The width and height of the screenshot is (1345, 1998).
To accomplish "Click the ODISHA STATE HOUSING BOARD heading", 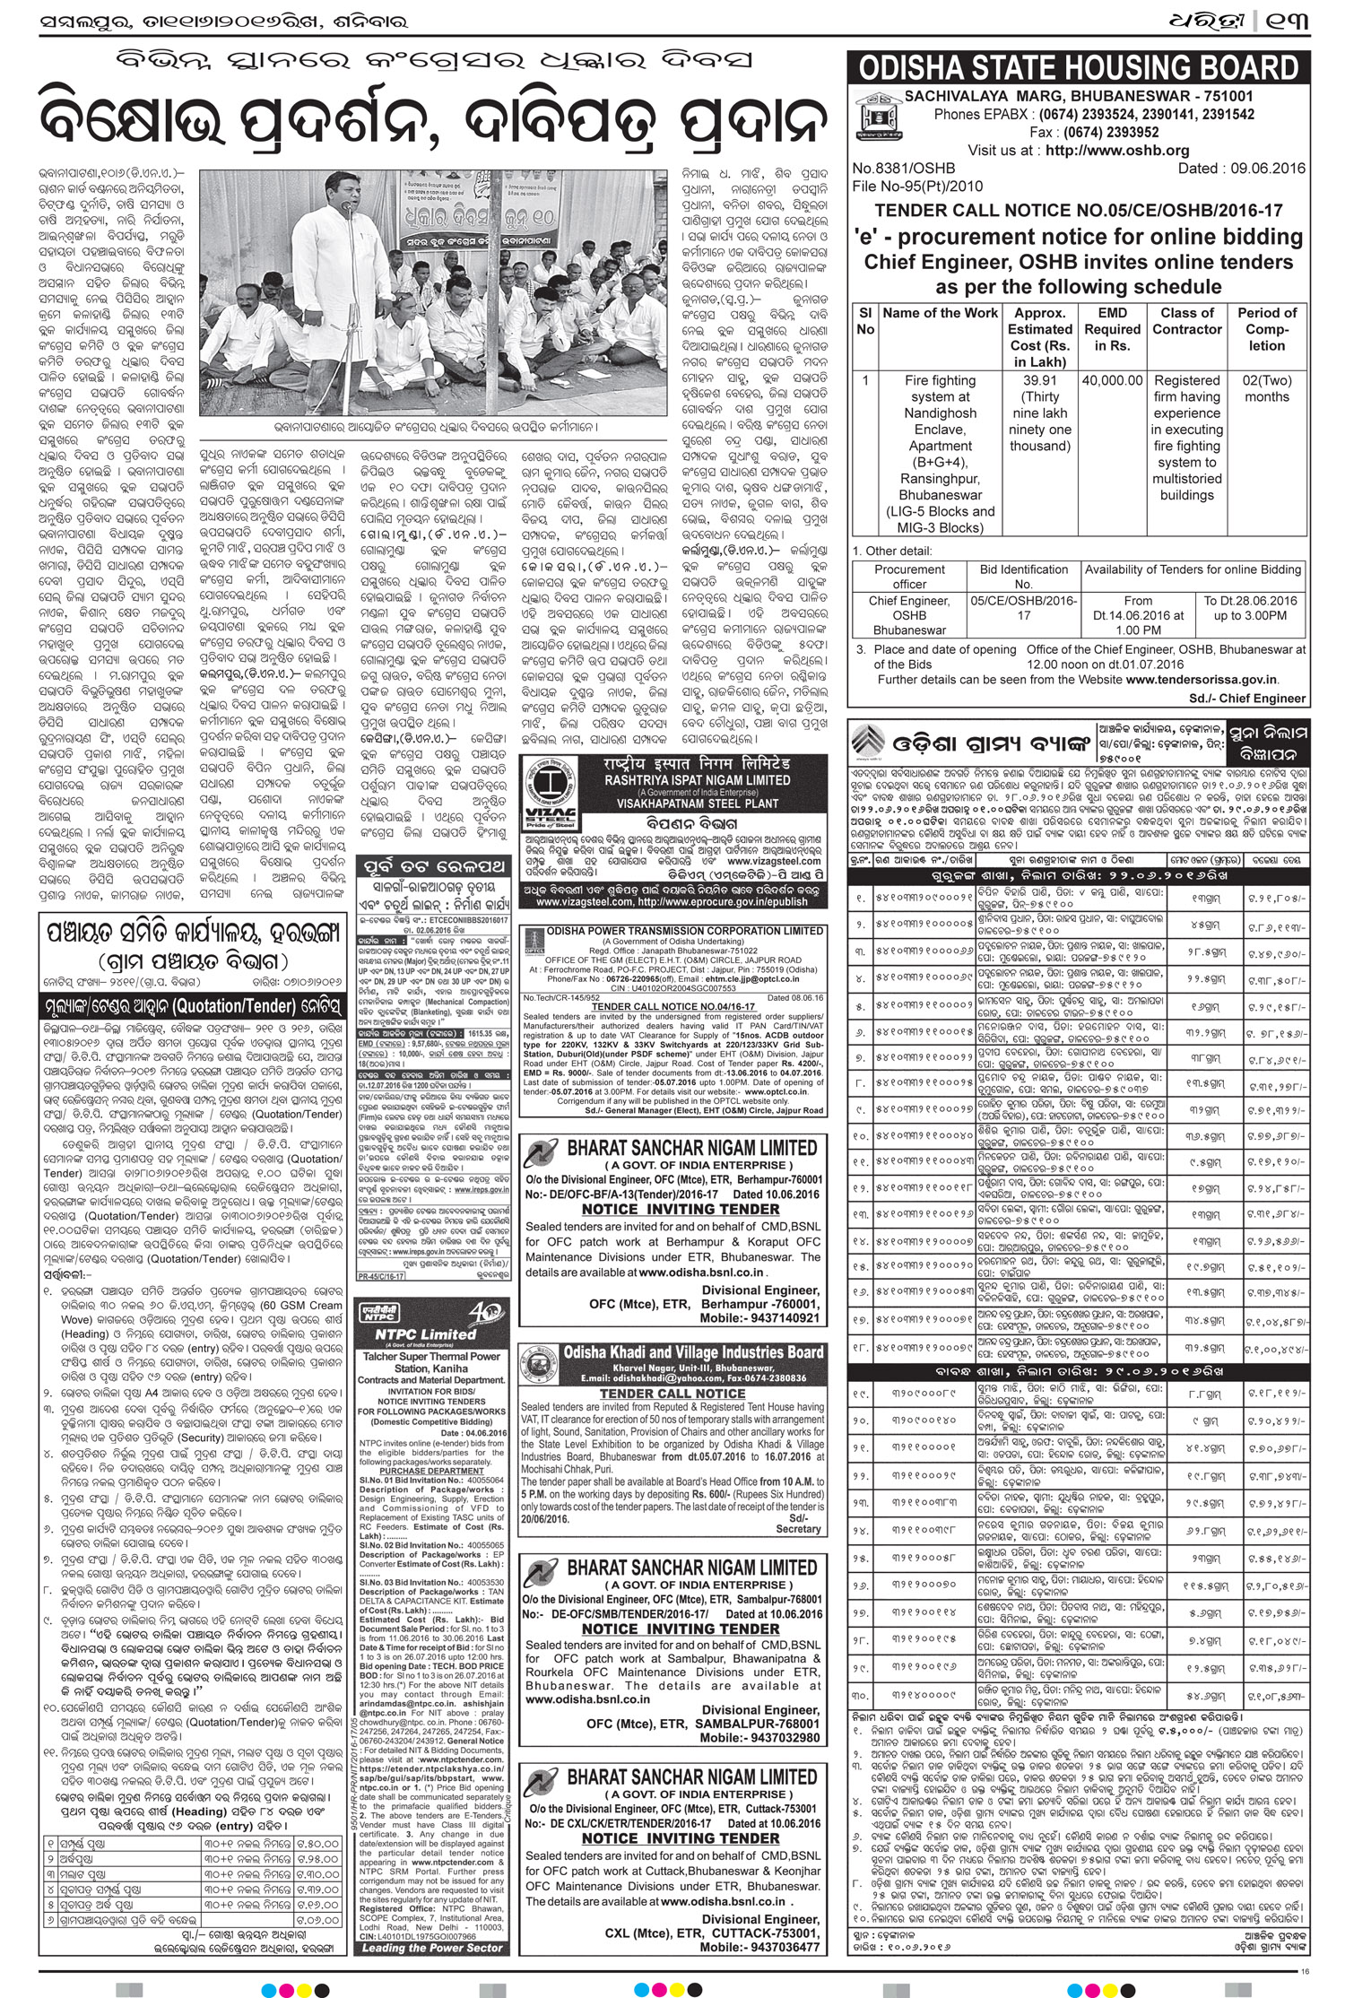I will tap(1078, 70).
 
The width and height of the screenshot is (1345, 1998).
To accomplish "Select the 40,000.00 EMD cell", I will tap(1112, 380).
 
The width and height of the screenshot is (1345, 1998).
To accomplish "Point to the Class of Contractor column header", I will tap(1186, 321).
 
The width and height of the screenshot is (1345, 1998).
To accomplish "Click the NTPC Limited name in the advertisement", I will tap(412, 1333).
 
